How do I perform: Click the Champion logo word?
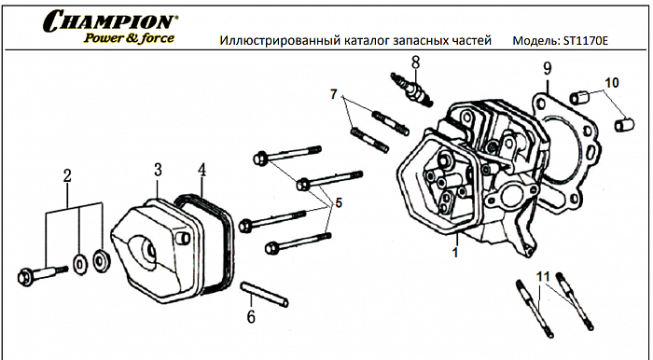(x=111, y=20)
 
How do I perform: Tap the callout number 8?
(x=415, y=62)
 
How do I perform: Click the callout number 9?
(x=548, y=68)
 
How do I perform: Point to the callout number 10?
(x=611, y=83)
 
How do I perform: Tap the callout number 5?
(x=338, y=201)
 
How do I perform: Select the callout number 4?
(x=201, y=171)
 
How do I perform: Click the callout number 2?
(x=67, y=176)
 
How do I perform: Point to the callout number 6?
(x=250, y=316)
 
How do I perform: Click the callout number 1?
(x=455, y=252)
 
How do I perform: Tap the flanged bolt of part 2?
(x=38, y=274)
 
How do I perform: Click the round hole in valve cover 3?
(x=148, y=250)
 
